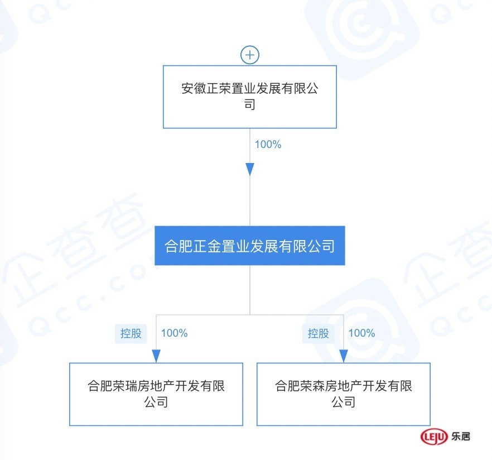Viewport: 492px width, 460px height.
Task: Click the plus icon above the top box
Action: (250, 55)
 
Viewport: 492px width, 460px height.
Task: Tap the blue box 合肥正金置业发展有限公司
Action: (250, 246)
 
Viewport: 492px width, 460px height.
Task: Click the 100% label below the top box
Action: (268, 145)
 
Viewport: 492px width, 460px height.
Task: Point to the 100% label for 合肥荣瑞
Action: (174, 333)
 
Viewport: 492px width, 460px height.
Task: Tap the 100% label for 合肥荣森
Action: (362, 333)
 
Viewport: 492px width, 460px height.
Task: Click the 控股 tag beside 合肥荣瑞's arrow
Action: (131, 333)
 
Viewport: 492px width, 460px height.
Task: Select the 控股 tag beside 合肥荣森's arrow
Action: (318, 333)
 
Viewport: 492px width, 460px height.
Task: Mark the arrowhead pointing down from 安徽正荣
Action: (250, 170)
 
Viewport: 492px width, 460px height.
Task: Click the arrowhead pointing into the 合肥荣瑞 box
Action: (156, 356)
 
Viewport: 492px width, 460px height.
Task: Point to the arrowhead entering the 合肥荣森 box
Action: (344, 356)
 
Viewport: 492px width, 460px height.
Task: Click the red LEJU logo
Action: (434, 437)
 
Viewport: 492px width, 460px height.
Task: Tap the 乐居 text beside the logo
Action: (461, 437)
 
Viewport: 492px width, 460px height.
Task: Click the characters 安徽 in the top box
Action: (194, 89)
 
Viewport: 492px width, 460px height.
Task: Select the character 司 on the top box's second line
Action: (250, 104)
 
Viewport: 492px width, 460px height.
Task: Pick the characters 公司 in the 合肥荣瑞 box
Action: (156, 402)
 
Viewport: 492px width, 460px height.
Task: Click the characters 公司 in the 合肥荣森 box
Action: (344, 402)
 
